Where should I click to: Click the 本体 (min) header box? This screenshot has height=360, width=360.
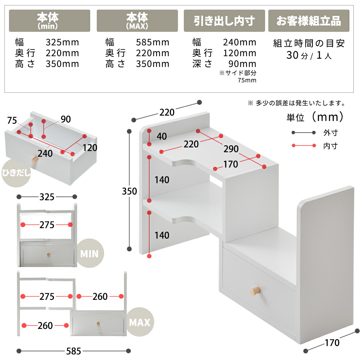[49, 21]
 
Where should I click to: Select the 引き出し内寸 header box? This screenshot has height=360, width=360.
[224, 21]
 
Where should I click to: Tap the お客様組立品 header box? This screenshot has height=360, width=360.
[309, 21]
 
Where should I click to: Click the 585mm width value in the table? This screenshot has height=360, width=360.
[152, 42]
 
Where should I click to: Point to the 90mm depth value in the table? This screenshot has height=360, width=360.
[242, 64]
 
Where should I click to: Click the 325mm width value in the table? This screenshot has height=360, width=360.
[62, 42]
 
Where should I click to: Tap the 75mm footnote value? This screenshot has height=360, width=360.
[247, 80]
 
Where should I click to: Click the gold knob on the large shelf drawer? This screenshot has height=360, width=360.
[255, 291]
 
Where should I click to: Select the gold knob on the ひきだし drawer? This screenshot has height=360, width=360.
[35, 159]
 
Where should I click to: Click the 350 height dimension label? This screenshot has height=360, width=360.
[130, 191]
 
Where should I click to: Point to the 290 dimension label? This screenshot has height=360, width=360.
[231, 149]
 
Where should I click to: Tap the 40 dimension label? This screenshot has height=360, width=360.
[162, 136]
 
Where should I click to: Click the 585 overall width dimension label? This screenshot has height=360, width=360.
[73, 351]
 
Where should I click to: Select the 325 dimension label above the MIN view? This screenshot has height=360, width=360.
[47, 197]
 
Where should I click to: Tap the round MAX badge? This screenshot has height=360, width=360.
[139, 322]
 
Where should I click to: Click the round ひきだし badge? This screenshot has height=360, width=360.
[16, 173]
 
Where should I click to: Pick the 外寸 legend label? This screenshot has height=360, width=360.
[331, 133]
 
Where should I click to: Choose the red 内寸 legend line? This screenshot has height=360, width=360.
[304, 145]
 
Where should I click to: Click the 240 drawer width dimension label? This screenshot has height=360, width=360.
[45, 154]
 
